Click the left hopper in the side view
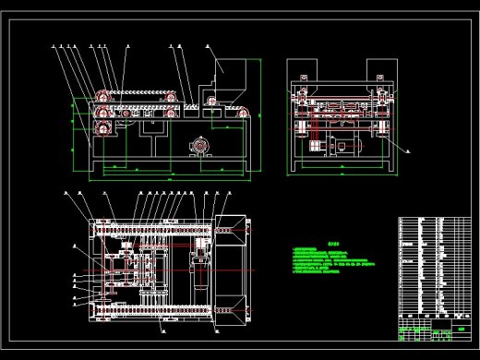pyautogui.click(x=302, y=71)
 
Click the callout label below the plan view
pyautogui.click(x=162, y=327)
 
